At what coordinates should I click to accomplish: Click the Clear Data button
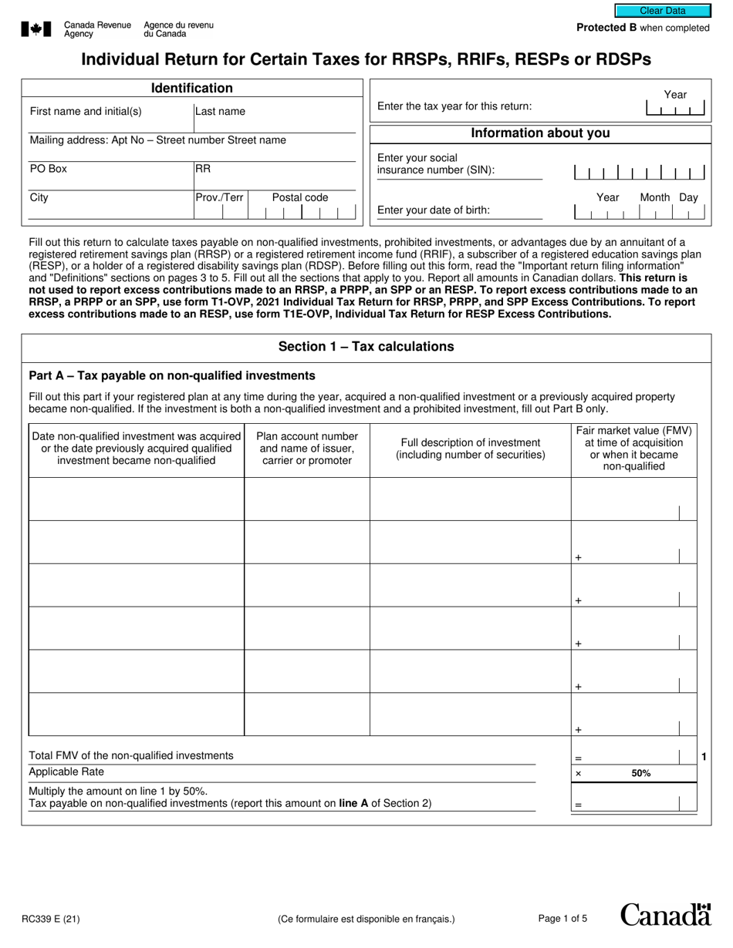pyautogui.click(x=662, y=11)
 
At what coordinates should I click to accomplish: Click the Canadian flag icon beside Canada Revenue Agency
pyautogui.click(x=36, y=29)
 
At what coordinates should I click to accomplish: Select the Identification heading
pyautogui.click(x=191, y=89)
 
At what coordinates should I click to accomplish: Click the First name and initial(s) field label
pyautogui.click(x=86, y=111)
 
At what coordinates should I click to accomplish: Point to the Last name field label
pyautogui.click(x=221, y=111)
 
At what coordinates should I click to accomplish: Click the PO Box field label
pyautogui.click(x=49, y=168)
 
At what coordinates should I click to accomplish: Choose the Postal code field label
pyautogui.click(x=299, y=197)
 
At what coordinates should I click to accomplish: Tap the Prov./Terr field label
pyautogui.click(x=220, y=197)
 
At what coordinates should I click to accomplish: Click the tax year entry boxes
pyautogui.click(x=675, y=109)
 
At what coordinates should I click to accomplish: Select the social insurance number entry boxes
pyautogui.click(x=640, y=173)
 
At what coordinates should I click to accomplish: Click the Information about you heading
pyautogui.click(x=540, y=133)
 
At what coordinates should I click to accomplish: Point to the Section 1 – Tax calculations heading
pyautogui.click(x=366, y=346)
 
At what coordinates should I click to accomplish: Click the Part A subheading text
pyautogui.click(x=172, y=375)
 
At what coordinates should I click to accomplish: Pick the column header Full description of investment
pyautogui.click(x=471, y=449)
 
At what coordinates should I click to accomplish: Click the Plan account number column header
pyautogui.click(x=307, y=449)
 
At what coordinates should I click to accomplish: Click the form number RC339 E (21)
pyautogui.click(x=52, y=918)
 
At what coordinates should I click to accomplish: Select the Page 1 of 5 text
pyautogui.click(x=562, y=918)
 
